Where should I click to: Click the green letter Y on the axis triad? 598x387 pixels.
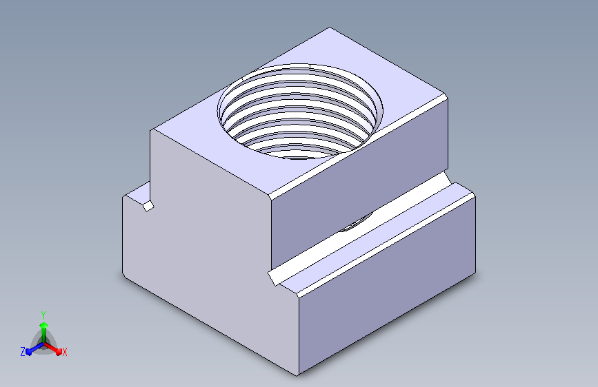[43, 315]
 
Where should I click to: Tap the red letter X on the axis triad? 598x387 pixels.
[64, 353]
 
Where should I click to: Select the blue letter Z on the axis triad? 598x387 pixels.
[23, 352]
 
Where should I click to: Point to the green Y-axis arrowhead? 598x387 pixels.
[43, 325]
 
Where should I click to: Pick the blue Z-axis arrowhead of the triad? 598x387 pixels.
[29, 352]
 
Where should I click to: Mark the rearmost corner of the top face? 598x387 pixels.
[330, 28]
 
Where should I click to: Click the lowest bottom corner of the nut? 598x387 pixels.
[297, 375]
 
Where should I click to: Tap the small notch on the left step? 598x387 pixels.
[148, 206]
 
